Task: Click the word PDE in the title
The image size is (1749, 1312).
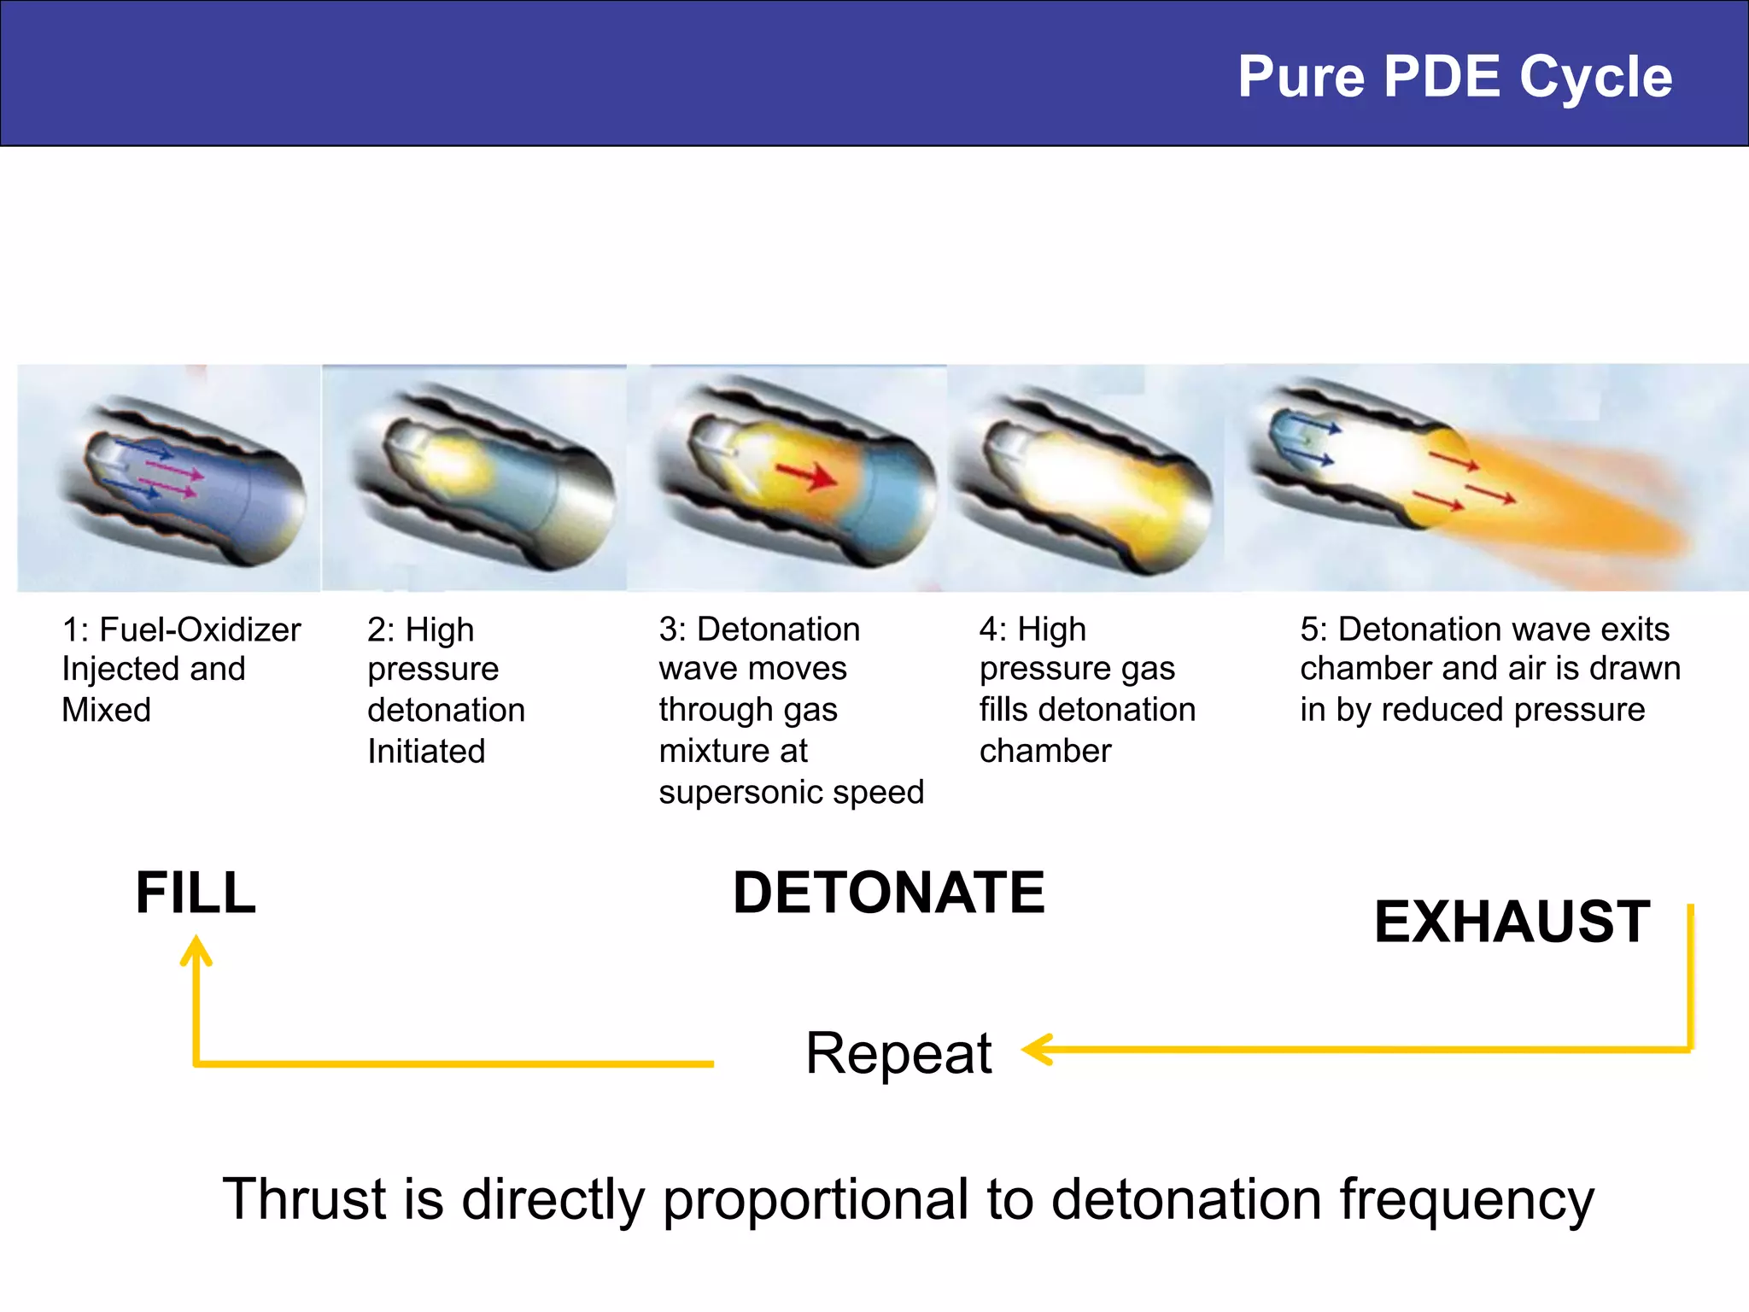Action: [1442, 77]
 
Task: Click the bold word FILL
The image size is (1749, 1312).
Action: [196, 893]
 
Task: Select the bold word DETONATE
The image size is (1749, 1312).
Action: [889, 893]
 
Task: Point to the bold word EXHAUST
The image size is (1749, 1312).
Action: [1512, 922]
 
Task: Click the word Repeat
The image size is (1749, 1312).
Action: [898, 1052]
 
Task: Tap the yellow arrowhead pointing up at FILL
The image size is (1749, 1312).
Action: [196, 950]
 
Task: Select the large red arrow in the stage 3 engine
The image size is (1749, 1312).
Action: [806, 475]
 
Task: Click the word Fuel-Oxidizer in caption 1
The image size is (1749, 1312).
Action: [200, 630]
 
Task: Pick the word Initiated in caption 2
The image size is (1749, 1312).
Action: [426, 752]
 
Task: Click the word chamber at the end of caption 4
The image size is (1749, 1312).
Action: [1045, 752]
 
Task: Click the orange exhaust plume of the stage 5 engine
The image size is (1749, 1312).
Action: [1580, 512]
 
